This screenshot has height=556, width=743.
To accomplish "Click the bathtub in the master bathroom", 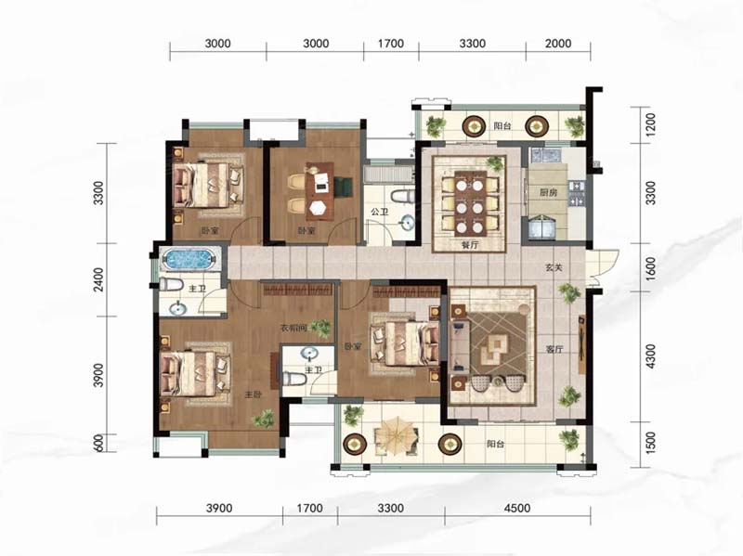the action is pyautogui.click(x=189, y=259).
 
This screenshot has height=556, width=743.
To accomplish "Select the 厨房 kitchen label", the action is pyautogui.click(x=548, y=193).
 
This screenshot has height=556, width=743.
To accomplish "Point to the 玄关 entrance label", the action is pyautogui.click(x=553, y=267).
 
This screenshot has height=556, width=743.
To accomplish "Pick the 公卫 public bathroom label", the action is pyautogui.click(x=380, y=212).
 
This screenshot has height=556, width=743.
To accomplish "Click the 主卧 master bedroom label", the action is pyautogui.click(x=254, y=394).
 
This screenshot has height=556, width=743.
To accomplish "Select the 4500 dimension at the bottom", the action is pyautogui.click(x=517, y=508).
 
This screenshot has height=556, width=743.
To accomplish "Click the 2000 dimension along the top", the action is pyautogui.click(x=558, y=44).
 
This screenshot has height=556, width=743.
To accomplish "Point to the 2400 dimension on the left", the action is pyautogui.click(x=98, y=279).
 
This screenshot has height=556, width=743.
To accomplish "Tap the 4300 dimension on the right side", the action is pyautogui.click(x=651, y=356).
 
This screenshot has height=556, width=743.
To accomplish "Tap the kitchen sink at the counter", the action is pyautogui.click(x=546, y=155).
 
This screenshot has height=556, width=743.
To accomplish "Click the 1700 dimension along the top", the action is pyautogui.click(x=391, y=44).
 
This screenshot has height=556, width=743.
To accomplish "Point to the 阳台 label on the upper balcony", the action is pyautogui.click(x=502, y=126).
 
